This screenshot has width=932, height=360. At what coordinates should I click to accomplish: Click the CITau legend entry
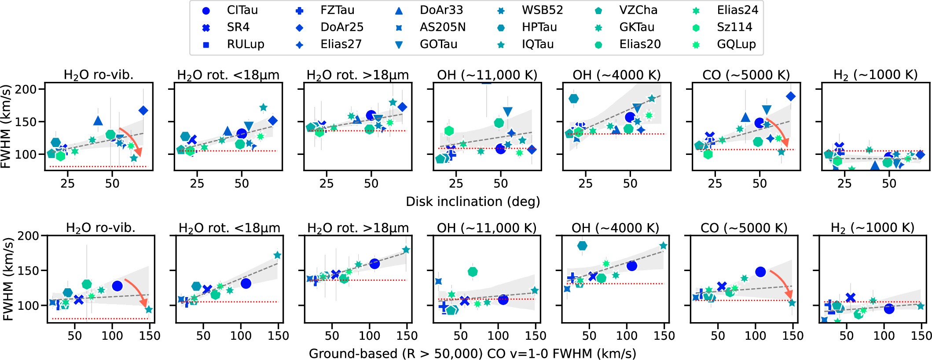click(229, 10)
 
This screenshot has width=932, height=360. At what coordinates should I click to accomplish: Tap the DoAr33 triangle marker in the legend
click(399, 11)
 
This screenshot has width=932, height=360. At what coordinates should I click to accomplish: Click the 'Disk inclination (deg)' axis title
click(473, 202)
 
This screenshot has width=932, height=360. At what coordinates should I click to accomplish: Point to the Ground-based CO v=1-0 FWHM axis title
click(473, 353)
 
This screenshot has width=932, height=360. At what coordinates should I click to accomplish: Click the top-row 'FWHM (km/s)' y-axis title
click(6, 127)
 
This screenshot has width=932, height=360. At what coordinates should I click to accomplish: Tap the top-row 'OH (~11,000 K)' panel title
click(487, 75)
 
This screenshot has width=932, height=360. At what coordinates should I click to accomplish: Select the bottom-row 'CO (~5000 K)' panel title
click(744, 228)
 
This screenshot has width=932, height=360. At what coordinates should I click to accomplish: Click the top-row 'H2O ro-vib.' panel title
click(99, 75)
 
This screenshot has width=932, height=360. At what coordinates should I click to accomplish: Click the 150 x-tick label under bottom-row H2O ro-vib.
click(150, 336)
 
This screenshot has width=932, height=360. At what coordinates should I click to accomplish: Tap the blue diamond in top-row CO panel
click(791, 96)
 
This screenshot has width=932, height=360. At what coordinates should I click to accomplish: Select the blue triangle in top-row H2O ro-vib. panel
click(98, 121)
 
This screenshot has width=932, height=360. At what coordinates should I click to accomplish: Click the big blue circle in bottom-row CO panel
click(760, 272)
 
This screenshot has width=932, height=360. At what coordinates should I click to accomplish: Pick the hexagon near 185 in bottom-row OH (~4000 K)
click(582, 246)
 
